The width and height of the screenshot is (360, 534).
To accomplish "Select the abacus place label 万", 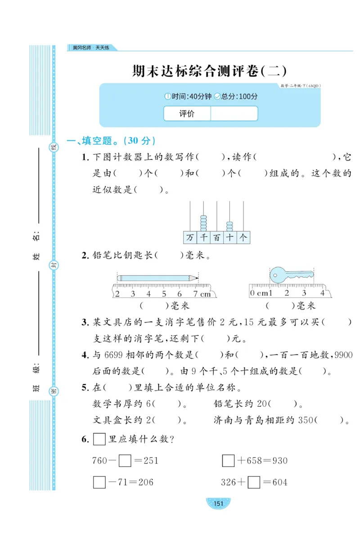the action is click(x=190, y=238).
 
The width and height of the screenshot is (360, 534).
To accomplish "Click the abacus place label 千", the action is click(x=203, y=238).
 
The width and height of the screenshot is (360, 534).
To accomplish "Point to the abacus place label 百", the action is click(x=217, y=238).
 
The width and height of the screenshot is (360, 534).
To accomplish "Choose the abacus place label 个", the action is click(x=243, y=238).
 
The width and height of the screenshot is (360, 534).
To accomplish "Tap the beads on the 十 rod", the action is click(x=230, y=225).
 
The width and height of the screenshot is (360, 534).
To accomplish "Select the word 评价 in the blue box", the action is click(x=187, y=114).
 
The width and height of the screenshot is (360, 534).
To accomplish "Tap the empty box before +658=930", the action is click(x=229, y=461).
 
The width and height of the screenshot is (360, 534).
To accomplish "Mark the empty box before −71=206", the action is click(x=99, y=482).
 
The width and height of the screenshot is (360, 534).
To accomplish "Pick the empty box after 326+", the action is click(x=254, y=482).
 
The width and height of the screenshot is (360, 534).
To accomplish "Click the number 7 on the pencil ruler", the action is click(x=196, y=294).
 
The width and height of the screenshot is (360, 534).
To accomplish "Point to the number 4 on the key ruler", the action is click(x=322, y=293).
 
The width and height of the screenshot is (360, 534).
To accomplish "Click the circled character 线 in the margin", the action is click(x=53, y=147).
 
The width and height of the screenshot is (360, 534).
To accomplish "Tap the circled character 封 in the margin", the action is click(x=53, y=265).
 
